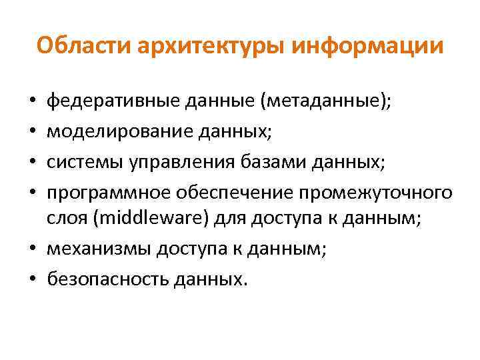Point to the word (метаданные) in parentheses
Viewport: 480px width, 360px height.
point(326,103)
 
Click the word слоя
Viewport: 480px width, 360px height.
point(65,219)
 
